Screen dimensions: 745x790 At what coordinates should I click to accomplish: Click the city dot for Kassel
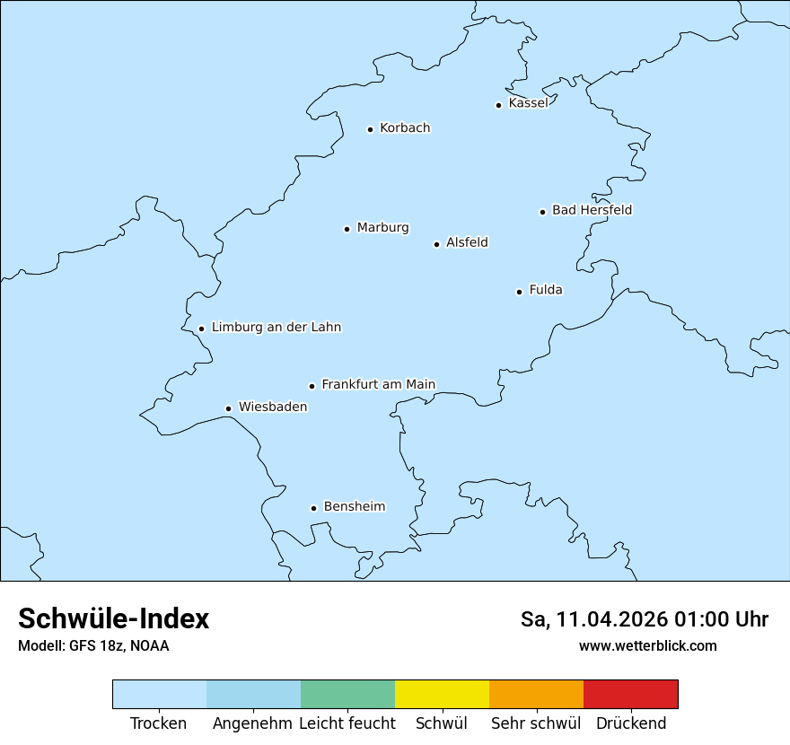tap(498, 105)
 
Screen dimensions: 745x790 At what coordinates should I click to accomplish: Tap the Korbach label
tap(405, 128)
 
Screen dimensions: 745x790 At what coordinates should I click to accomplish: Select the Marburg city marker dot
tap(347, 229)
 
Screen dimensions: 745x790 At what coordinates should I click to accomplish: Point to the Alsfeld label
tap(467, 242)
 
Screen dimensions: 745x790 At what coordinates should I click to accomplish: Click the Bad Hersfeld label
tap(592, 210)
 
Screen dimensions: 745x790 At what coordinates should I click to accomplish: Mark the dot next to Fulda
tap(519, 292)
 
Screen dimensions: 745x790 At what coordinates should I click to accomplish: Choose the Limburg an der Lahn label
tap(276, 328)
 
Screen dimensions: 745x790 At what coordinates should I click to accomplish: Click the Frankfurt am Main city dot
tap(312, 386)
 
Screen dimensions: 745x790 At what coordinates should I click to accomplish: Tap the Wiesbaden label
tap(273, 407)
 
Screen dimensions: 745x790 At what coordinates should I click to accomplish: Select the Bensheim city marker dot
tap(313, 508)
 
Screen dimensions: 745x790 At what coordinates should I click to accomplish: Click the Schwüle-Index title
tap(114, 618)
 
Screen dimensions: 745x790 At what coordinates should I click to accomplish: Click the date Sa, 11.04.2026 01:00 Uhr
tap(645, 619)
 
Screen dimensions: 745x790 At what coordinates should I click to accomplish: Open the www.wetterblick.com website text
tap(647, 645)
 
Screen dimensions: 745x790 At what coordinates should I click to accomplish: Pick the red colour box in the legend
tap(630, 694)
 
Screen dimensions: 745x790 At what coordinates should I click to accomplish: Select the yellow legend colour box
tap(442, 694)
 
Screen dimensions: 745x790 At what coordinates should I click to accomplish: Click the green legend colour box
tap(347, 694)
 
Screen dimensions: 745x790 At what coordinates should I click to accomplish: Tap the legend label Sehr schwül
tap(536, 723)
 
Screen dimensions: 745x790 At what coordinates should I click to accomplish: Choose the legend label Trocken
tap(159, 723)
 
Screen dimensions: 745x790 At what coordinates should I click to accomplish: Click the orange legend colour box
tap(536, 694)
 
